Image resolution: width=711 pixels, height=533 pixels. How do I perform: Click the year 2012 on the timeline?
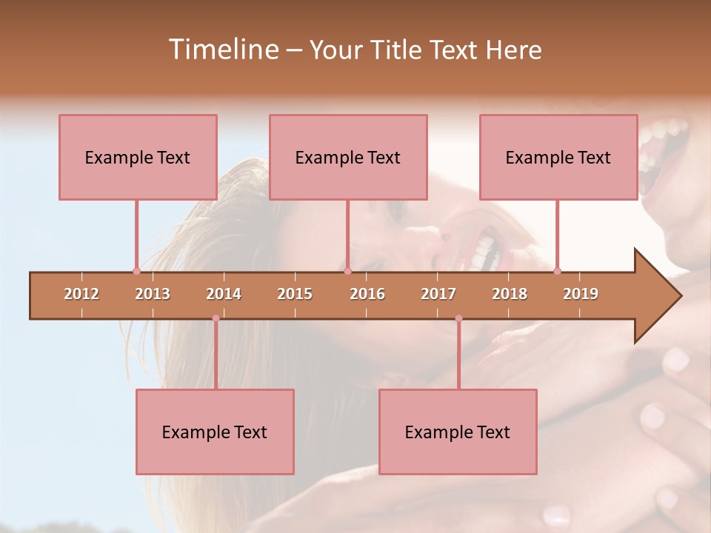click(x=81, y=294)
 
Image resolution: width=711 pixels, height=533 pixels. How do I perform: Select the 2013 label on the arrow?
click(x=153, y=294)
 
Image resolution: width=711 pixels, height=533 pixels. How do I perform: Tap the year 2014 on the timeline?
click(x=224, y=294)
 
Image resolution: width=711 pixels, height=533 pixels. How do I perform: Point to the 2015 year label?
click(x=295, y=294)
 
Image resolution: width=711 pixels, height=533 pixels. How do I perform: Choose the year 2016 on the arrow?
click(x=367, y=294)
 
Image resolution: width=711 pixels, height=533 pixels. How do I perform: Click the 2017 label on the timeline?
click(x=438, y=294)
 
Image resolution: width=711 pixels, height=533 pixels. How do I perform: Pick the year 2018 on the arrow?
click(x=510, y=294)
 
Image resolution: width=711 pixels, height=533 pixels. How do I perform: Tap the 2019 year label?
click(x=581, y=294)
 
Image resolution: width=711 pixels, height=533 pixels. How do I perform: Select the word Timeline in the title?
click(x=222, y=50)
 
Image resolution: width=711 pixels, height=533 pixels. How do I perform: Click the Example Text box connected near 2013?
click(x=138, y=157)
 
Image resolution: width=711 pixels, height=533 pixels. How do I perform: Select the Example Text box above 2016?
click(x=348, y=157)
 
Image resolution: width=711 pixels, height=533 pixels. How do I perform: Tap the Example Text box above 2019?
click(x=558, y=157)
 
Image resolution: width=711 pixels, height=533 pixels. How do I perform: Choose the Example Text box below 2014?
click(x=215, y=432)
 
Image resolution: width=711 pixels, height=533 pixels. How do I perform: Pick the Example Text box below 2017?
click(x=458, y=432)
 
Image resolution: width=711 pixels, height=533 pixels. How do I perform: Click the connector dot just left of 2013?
click(x=136, y=271)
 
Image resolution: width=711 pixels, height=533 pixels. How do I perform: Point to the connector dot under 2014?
click(x=216, y=318)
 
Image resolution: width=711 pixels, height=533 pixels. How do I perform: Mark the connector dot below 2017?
click(x=458, y=318)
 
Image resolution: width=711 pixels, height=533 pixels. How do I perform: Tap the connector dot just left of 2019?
click(x=557, y=271)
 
